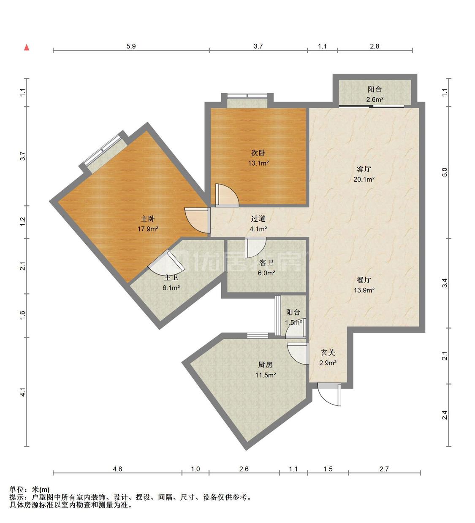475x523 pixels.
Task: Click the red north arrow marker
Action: click(x=26, y=48)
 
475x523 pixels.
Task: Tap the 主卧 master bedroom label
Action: click(x=148, y=218)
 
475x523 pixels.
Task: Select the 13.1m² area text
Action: click(x=258, y=163)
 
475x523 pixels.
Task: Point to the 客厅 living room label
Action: click(x=364, y=169)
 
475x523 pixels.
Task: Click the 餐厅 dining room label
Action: click(x=364, y=280)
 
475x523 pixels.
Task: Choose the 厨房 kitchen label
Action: click(x=266, y=365)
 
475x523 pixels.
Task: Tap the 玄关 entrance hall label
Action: click(x=328, y=353)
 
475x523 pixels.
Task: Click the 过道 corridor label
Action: click(x=258, y=218)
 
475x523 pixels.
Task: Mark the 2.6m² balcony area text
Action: click(x=375, y=99)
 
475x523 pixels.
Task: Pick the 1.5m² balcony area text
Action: click(x=293, y=322)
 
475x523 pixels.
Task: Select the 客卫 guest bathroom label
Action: click(x=266, y=263)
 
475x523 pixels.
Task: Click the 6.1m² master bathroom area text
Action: click(x=171, y=288)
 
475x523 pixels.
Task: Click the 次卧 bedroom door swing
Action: click(x=227, y=195)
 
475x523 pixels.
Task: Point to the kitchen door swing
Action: click(x=298, y=353)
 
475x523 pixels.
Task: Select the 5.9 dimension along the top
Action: click(x=131, y=46)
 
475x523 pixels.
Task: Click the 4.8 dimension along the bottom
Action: click(x=117, y=469)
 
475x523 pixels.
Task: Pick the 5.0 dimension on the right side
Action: click(x=445, y=172)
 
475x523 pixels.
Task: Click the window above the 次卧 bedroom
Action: click(x=247, y=96)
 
